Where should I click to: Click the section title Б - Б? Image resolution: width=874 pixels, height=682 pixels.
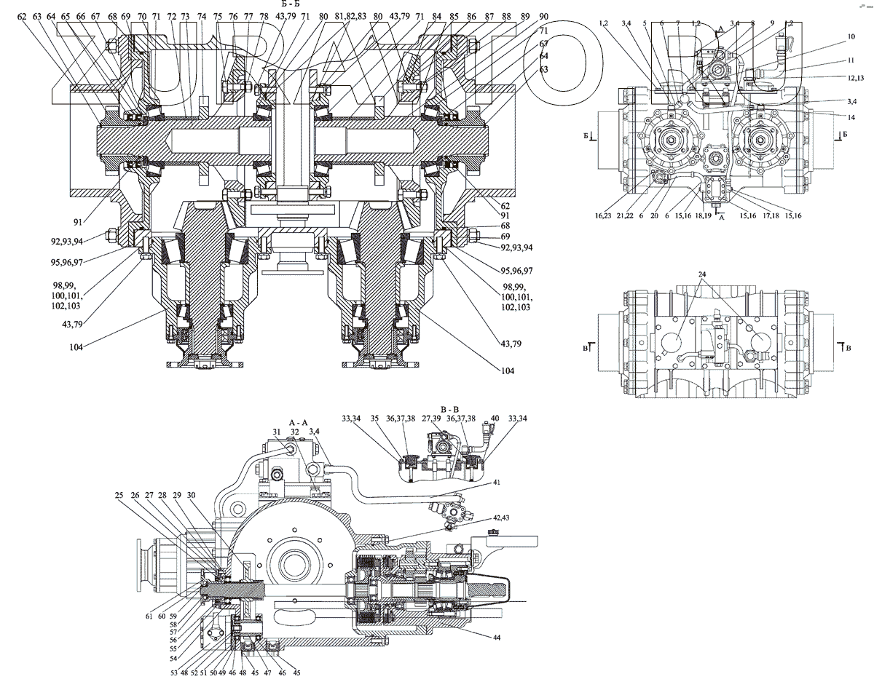pos(292,4)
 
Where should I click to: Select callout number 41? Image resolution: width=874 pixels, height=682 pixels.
pos(497,483)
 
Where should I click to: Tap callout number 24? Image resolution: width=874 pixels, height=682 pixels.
pos(701,275)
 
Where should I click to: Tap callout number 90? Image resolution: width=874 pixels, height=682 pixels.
pos(545,15)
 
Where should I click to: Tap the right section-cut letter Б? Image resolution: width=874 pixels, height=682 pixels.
pos(842,135)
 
